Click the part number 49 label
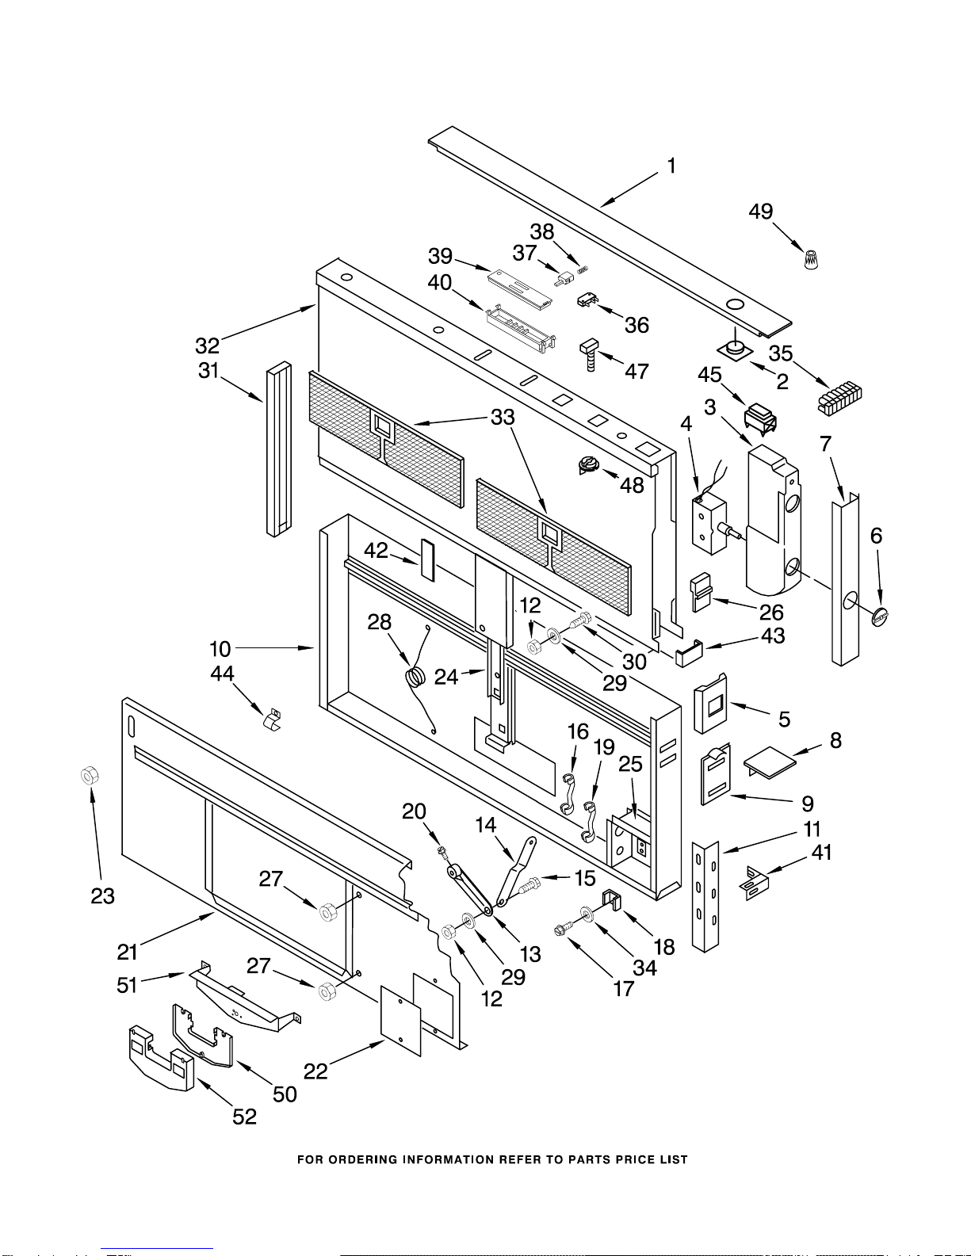pos(761,212)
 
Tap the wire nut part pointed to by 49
pos(812,259)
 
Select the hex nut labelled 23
pos(90,775)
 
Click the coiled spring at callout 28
pos(416,676)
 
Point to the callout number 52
pos(244,1116)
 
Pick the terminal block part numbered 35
pos(839,397)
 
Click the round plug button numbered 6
pos(879,617)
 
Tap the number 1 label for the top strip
pos(671,166)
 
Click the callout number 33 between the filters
pos(503,417)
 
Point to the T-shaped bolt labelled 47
pos(591,353)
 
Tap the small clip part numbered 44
pos(272,720)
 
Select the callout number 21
pos(127,952)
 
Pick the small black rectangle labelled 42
pos(427,559)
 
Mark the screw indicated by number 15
pos(529,885)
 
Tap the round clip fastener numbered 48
pos(588,464)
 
